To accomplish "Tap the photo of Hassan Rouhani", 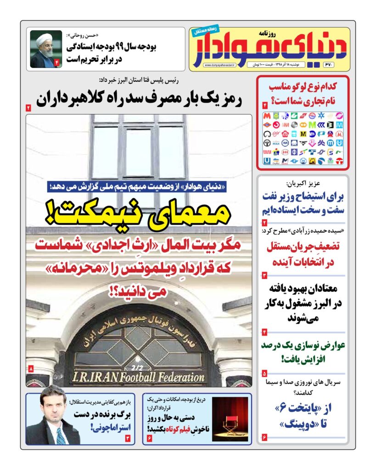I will pos(46,49).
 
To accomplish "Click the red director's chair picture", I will pos(230,419).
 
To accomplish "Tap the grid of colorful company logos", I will pos(303,138).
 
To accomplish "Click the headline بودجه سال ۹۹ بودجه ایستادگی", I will pos(110,53).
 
